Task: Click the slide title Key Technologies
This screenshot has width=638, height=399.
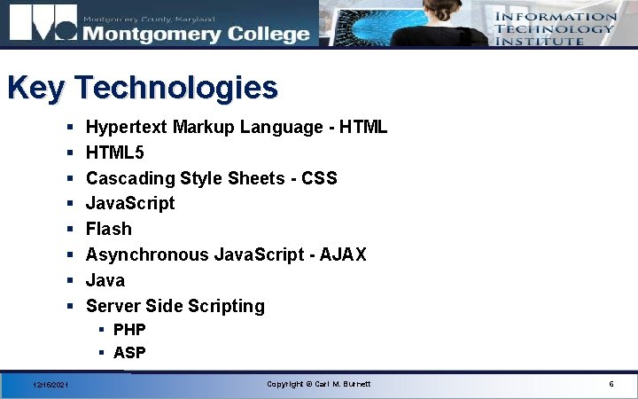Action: [142, 88]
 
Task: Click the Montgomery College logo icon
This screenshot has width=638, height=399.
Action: [42, 25]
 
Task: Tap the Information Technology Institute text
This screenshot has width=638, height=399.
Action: [556, 28]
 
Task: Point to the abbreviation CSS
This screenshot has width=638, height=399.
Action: [319, 178]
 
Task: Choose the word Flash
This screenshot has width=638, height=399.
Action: [108, 229]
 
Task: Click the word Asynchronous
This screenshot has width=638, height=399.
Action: [146, 254]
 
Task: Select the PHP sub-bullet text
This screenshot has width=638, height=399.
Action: [129, 330]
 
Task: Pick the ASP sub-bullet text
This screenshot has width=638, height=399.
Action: [129, 353]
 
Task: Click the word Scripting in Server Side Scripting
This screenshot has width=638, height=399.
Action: [227, 306]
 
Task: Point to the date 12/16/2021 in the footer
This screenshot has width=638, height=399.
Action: [51, 385]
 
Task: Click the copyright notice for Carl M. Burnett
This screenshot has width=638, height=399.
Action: [319, 384]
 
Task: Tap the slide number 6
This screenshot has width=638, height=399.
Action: [611, 384]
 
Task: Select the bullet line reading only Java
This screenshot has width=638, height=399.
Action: [105, 280]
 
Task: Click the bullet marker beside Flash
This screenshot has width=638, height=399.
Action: [69, 230]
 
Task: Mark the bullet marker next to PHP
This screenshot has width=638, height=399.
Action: [102, 330]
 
